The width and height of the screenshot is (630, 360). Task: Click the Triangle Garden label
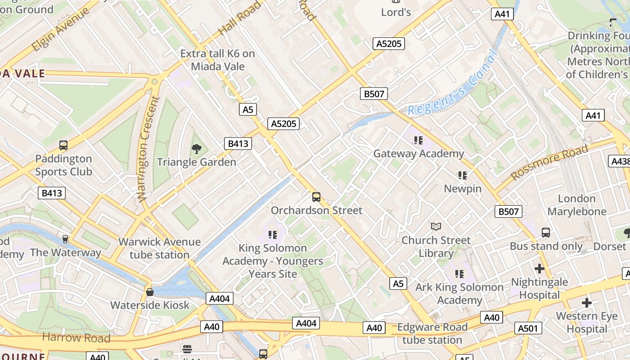pyautogui.click(x=196, y=162)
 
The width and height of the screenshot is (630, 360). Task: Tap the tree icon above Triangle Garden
pyautogui.click(x=196, y=148)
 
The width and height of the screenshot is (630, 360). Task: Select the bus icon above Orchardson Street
pyautogui.click(x=316, y=197)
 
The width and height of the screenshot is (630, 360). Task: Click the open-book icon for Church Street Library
pyautogui.click(x=436, y=226)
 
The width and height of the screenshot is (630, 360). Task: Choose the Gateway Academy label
pyautogui.click(x=418, y=154)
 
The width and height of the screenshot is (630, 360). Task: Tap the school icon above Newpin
pyautogui.click(x=463, y=175)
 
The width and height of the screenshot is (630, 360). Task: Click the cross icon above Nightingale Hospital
pyautogui.click(x=539, y=269)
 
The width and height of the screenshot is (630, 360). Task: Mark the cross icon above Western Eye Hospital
pyautogui.click(x=586, y=302)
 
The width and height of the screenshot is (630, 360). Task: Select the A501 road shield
pyautogui.click(x=528, y=328)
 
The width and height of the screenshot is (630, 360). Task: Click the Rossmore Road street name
pyautogui.click(x=549, y=162)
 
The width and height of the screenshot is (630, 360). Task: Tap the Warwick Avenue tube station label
pyautogui.click(x=159, y=248)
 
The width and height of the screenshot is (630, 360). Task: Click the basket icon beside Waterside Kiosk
pyautogui.click(x=150, y=292)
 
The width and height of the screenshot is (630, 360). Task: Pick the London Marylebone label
pyautogui.click(x=576, y=205)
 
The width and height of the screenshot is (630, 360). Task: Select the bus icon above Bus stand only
pyautogui.click(x=545, y=233)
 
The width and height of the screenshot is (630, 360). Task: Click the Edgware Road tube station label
pyautogui.click(x=432, y=333)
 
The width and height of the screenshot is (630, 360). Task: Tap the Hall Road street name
pyautogui.click(x=239, y=18)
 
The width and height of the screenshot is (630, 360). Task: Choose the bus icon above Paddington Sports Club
pyautogui.click(x=63, y=145)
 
